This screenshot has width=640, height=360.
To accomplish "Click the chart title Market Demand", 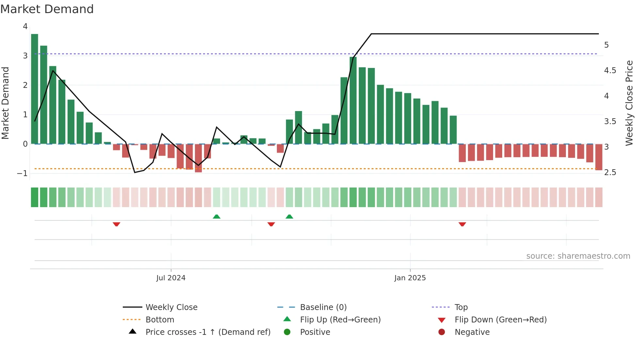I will (47, 9).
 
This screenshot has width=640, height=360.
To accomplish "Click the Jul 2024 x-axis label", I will (171, 278).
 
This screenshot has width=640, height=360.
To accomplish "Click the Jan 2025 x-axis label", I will (410, 278).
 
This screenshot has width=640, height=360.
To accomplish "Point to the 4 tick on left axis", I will (25, 26).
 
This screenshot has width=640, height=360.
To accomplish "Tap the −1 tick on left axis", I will (23, 173).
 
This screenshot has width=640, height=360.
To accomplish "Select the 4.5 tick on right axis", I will (610, 71).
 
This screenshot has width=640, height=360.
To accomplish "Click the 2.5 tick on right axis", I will (610, 172).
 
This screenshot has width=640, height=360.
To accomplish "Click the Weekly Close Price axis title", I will (629, 103).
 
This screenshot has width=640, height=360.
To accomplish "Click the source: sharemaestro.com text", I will (578, 256).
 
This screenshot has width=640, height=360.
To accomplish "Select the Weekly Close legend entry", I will (171, 307).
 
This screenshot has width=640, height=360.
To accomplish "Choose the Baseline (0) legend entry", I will (323, 307).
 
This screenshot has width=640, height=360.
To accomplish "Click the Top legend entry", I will (461, 307).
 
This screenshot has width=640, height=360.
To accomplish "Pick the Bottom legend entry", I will (160, 320).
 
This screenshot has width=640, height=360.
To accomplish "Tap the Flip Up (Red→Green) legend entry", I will (340, 320).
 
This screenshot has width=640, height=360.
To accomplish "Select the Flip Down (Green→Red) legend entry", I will (500, 320).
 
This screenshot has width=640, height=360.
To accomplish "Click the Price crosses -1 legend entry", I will (208, 332).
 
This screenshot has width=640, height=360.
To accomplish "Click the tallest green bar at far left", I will (35, 89).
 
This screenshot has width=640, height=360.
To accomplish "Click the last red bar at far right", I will (599, 157).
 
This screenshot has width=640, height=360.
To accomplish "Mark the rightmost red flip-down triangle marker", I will (462, 224).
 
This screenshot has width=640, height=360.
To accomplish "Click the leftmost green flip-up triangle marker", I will (216, 217).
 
